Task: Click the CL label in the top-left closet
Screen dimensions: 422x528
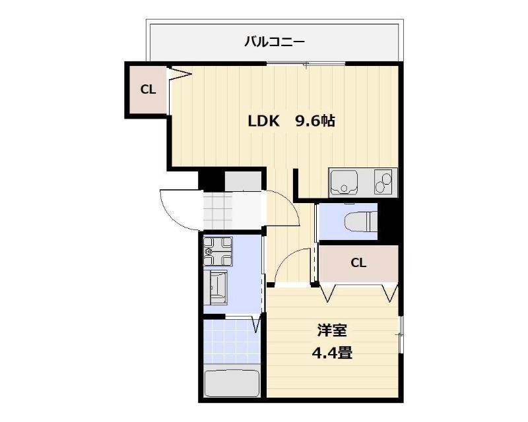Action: tap(148, 89)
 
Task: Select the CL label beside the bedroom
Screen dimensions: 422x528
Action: tap(358, 263)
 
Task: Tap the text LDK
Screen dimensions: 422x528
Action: tap(265, 121)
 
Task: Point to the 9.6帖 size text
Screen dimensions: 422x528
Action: tap(315, 121)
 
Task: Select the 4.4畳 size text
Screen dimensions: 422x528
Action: tap(331, 353)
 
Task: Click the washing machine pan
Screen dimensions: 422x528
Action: tap(217, 251)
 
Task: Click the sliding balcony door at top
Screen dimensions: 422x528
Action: tap(305, 64)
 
